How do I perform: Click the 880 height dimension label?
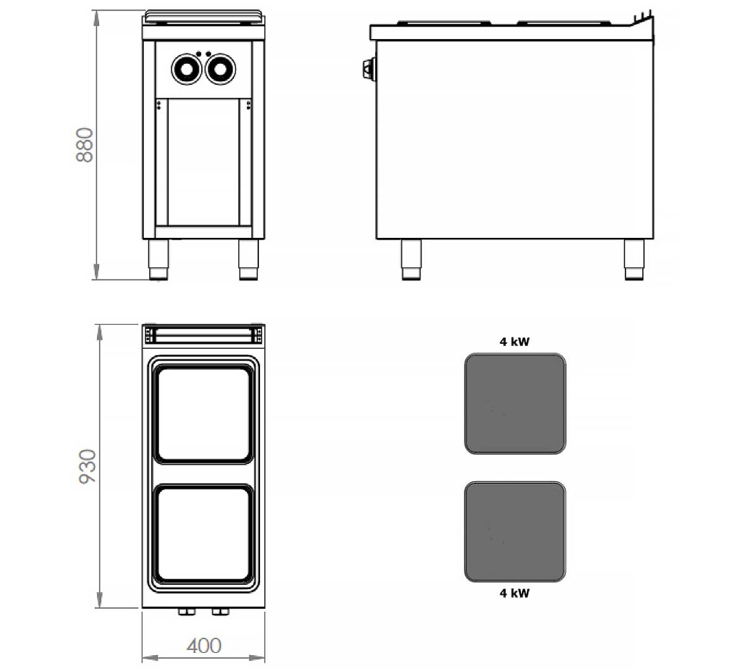pos(84,145)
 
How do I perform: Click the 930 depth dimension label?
pos(87,466)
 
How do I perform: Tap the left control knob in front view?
pos(187,69)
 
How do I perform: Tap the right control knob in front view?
pos(220,69)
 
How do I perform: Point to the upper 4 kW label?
pos(515,341)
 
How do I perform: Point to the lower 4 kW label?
pos(515,593)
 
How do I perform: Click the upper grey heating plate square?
pos(515,404)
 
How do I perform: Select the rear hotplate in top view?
pos(203,414)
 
